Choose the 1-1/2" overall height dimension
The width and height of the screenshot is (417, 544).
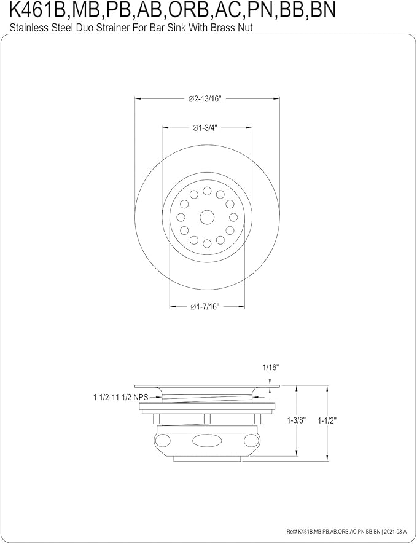327,420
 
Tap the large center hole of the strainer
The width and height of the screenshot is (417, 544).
207,217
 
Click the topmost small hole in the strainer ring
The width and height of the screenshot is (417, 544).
207,191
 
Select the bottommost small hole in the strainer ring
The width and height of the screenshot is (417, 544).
207,243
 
